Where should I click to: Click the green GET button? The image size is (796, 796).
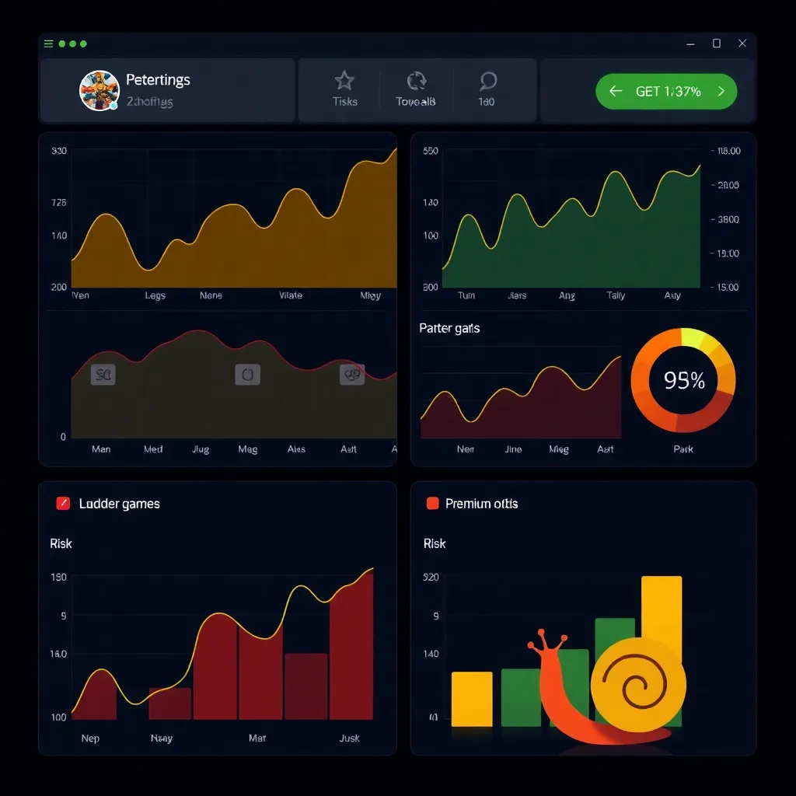666,91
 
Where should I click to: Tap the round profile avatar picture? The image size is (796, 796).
99,90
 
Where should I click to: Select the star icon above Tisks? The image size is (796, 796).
344,81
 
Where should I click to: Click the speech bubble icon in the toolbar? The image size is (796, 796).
487,81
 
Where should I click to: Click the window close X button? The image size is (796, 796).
742,44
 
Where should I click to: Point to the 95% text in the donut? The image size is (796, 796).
684,380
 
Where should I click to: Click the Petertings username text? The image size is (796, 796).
158,80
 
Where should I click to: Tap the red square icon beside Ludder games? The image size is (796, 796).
64,504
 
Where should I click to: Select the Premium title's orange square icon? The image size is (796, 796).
433,504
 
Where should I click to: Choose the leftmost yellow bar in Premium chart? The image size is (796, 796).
471,698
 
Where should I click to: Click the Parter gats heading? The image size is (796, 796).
449,328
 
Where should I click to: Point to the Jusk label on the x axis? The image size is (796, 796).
349,738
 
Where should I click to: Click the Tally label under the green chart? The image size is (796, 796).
616,295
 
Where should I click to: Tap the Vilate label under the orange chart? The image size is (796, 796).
290,295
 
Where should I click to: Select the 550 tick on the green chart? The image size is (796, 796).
430,152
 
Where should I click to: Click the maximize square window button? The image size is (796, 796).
717,44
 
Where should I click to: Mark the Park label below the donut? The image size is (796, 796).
683,449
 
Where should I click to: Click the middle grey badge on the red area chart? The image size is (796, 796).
247,375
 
